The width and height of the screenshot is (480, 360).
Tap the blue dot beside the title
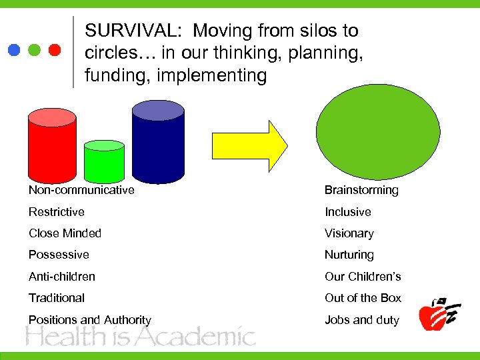[x=15, y=50]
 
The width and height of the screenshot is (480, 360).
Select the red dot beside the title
[x=55, y=50]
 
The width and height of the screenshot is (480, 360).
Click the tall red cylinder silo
[x=51, y=147]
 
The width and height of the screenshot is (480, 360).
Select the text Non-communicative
[x=81, y=190]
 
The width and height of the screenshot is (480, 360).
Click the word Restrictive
[x=57, y=212]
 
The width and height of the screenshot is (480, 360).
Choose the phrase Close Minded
[x=65, y=233]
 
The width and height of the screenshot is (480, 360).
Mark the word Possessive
[x=59, y=255]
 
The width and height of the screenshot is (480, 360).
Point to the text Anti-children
[x=62, y=277]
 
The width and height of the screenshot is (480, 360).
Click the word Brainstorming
[x=361, y=190]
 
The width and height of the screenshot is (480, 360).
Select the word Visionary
[x=349, y=233]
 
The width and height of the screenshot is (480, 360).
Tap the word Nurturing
[x=349, y=255]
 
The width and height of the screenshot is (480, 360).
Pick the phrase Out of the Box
[x=363, y=298]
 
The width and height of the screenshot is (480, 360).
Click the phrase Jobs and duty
[x=361, y=320]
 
